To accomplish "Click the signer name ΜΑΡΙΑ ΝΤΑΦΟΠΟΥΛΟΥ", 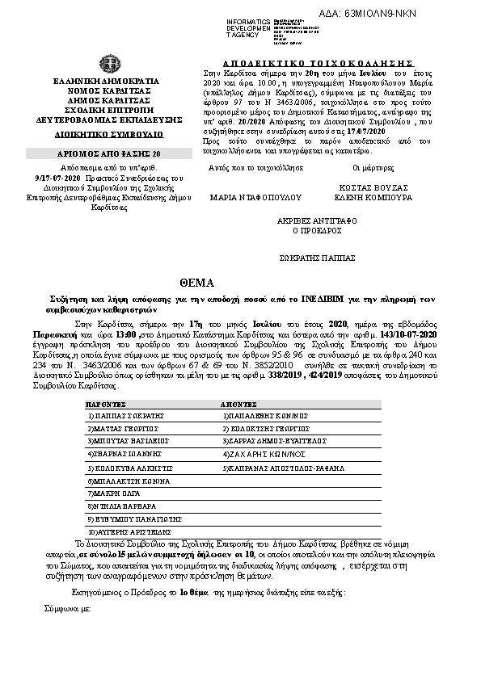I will click(244, 196).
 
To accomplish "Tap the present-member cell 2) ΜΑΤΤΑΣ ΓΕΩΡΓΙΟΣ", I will click(122, 428).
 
